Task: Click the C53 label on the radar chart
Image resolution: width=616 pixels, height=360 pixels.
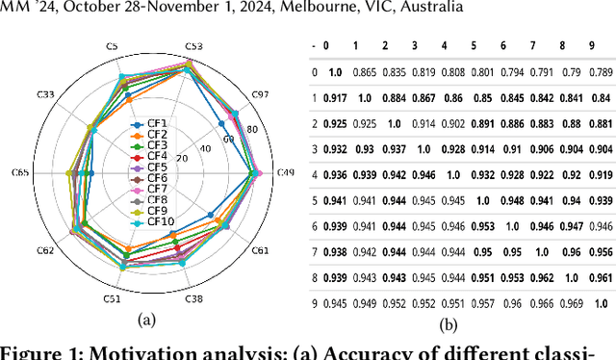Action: (x=193, y=45)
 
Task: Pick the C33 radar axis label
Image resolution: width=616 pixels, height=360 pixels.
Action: (x=44, y=93)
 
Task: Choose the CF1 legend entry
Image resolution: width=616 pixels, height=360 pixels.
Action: (x=157, y=123)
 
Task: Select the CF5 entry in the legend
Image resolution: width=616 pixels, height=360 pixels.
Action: (x=157, y=167)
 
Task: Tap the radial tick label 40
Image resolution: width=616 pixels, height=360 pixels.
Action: (x=205, y=148)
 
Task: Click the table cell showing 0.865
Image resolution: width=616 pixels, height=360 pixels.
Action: (x=364, y=71)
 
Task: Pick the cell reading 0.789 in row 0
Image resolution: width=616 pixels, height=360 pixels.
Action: (x=601, y=71)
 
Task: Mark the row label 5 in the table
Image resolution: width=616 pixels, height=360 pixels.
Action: (x=315, y=201)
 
